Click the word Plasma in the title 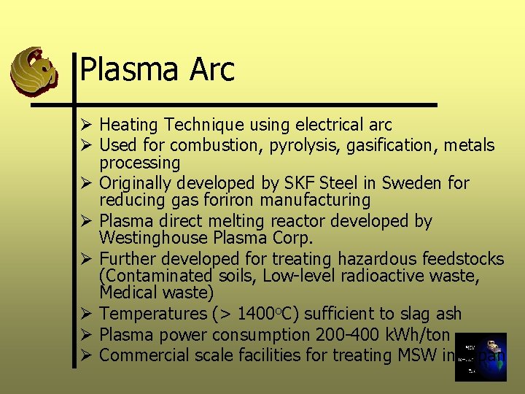[129, 70]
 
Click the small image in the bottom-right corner [480, 357]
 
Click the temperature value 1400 [257, 314]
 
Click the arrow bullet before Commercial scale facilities [85, 355]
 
